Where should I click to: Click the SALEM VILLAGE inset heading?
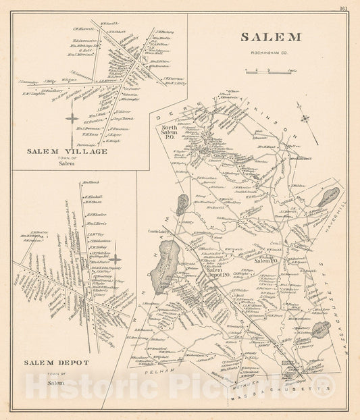(67, 151)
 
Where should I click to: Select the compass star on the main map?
(306, 119)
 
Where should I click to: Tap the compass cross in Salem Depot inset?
(115, 259)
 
